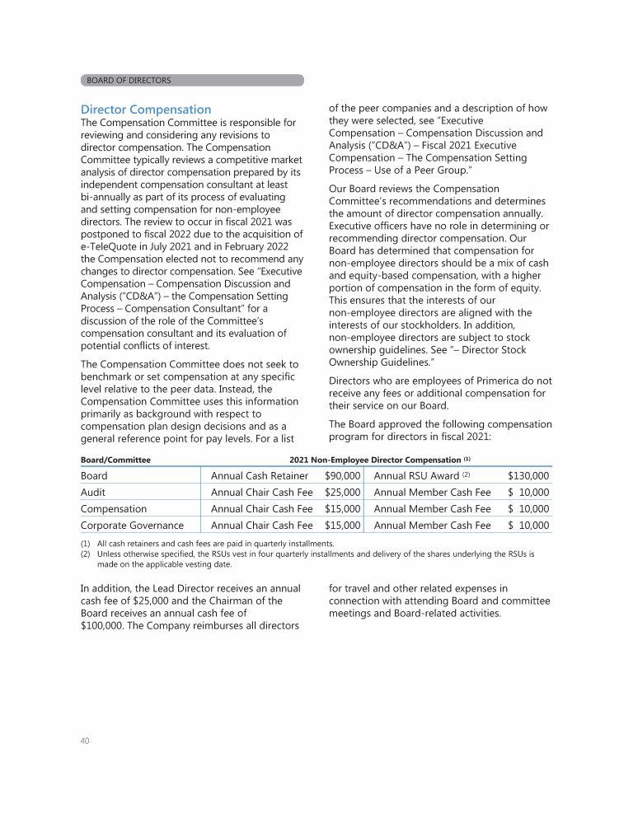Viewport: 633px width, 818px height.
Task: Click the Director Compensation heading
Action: [x=146, y=110]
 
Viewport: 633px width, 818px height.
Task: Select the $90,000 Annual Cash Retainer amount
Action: [x=343, y=475]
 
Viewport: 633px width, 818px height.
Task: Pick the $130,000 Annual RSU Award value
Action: [x=528, y=475]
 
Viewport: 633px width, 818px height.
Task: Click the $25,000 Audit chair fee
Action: [x=343, y=492]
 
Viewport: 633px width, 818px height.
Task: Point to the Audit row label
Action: [x=94, y=492]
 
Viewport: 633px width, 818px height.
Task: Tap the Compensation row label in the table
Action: [x=114, y=508]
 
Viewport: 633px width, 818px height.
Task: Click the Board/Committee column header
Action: [x=115, y=459]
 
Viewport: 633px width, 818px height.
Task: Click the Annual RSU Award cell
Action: [x=417, y=475]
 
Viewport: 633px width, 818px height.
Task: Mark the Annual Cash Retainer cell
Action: [x=260, y=475]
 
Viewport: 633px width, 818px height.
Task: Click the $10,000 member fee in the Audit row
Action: [x=528, y=492]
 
